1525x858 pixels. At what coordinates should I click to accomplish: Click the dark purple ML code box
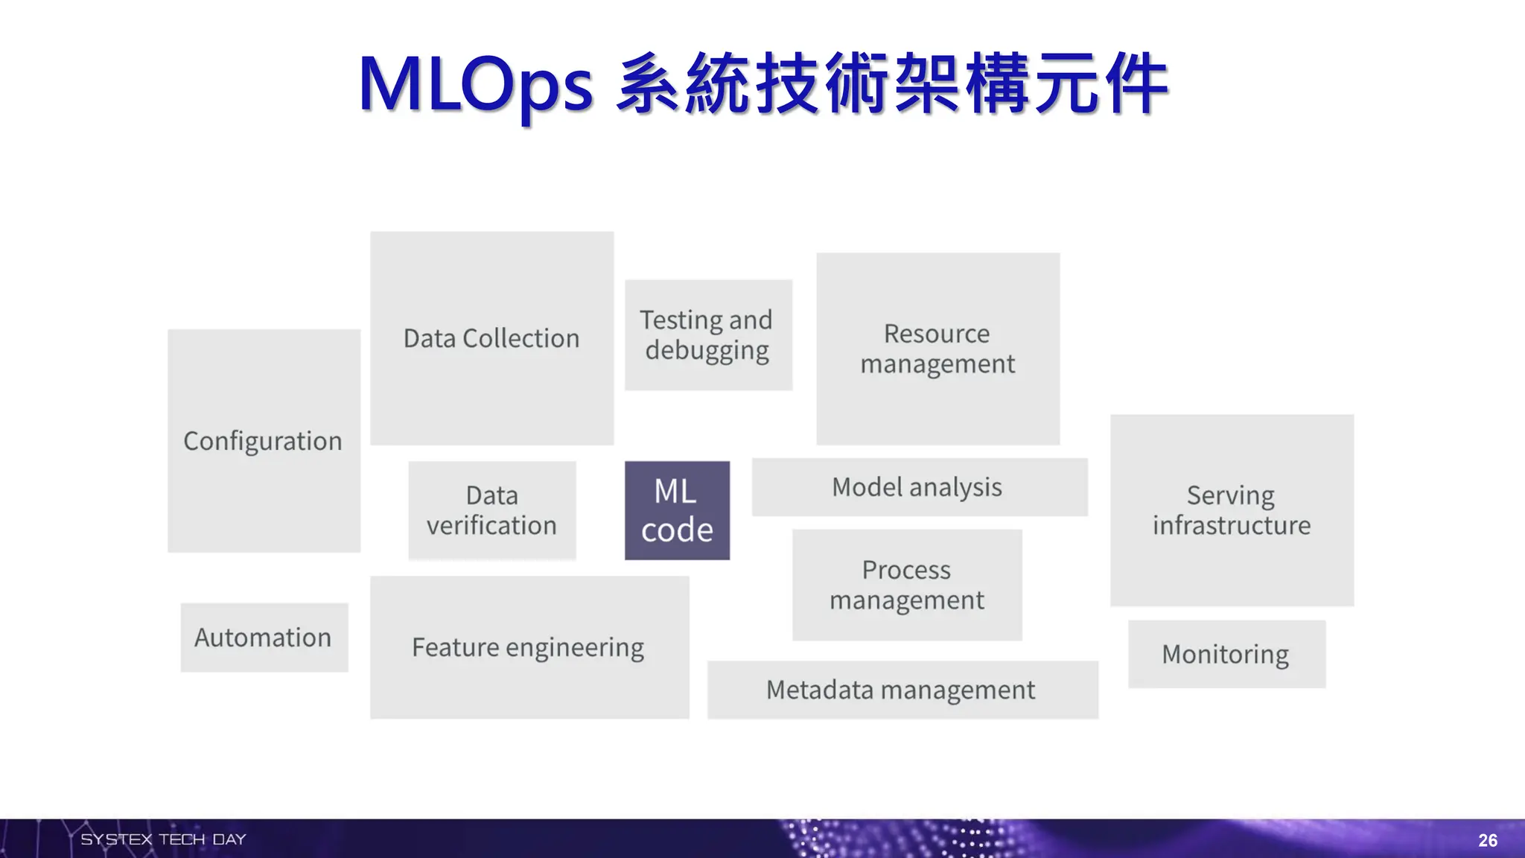677,510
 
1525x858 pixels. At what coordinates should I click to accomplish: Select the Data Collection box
491,338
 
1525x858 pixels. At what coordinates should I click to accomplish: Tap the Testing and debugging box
707,334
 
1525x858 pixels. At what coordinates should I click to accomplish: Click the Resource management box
937,349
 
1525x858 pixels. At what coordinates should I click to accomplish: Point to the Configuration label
263,441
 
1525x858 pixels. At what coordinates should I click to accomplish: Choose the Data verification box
491,510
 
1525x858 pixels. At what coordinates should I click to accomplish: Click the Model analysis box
918,487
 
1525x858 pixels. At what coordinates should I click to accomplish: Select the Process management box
906,585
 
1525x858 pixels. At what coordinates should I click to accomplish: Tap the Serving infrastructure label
1231,510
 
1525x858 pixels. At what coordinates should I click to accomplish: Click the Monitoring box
1226,654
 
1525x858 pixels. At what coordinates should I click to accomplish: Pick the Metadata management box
901,690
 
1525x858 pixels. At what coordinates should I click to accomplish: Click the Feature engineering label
528,647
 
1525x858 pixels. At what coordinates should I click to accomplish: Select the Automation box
264,638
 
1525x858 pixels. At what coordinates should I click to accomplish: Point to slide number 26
1487,840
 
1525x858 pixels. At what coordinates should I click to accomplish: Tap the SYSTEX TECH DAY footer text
163,839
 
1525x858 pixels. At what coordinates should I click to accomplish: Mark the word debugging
707,351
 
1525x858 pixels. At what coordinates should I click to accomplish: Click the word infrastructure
1231,526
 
